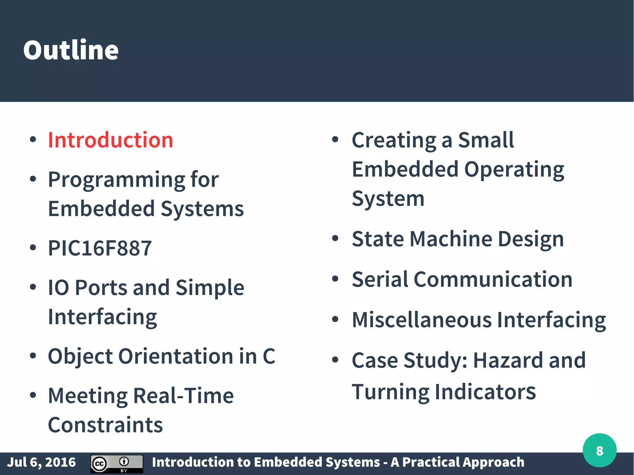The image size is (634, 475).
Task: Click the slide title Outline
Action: click(x=71, y=50)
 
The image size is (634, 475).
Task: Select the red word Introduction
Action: click(x=110, y=140)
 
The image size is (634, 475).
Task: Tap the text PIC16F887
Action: click(x=100, y=248)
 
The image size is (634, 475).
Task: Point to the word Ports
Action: click(x=101, y=288)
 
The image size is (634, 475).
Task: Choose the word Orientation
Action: click(x=176, y=356)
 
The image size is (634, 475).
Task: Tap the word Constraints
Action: click(x=105, y=425)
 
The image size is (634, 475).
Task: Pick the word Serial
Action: click(x=380, y=279)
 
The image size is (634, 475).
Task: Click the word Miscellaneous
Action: click(x=422, y=320)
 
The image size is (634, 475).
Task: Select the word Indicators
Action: click(x=485, y=392)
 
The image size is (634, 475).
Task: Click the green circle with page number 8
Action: click(x=599, y=451)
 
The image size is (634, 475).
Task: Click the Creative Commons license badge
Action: click(x=117, y=464)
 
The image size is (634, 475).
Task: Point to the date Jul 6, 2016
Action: click(x=41, y=462)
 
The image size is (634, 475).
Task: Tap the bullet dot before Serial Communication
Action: click(x=335, y=279)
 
